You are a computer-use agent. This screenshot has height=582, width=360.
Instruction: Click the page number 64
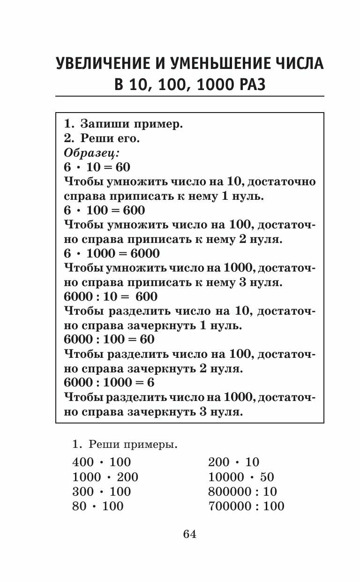190,534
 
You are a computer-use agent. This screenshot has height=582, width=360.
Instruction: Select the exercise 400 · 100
102,462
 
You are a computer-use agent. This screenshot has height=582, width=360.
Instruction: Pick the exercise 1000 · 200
105,477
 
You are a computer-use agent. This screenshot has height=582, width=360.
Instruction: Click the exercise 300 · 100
102,491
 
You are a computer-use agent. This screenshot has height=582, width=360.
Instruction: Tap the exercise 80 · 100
98,506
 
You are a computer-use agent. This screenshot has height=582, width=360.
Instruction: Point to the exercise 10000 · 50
241,477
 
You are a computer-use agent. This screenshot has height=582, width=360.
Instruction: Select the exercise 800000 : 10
243,491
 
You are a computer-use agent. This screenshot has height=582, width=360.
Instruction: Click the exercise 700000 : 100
246,506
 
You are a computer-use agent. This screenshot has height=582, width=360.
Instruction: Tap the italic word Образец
91,153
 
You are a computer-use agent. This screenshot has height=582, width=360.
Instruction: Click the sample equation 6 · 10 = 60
97,167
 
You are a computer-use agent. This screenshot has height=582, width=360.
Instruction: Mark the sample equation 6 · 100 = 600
104,210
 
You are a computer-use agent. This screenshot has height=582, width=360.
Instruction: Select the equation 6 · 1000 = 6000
112,253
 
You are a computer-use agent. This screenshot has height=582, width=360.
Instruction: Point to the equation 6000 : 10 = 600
110,296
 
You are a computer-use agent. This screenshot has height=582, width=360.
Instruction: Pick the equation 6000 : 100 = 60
109,340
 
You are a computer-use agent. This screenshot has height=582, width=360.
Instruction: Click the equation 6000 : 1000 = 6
109,383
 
